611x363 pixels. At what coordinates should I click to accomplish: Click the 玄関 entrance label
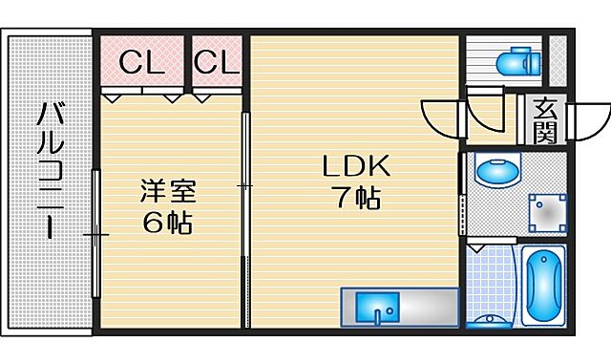point(545,120)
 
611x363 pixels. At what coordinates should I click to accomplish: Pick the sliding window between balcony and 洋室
point(95,234)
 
